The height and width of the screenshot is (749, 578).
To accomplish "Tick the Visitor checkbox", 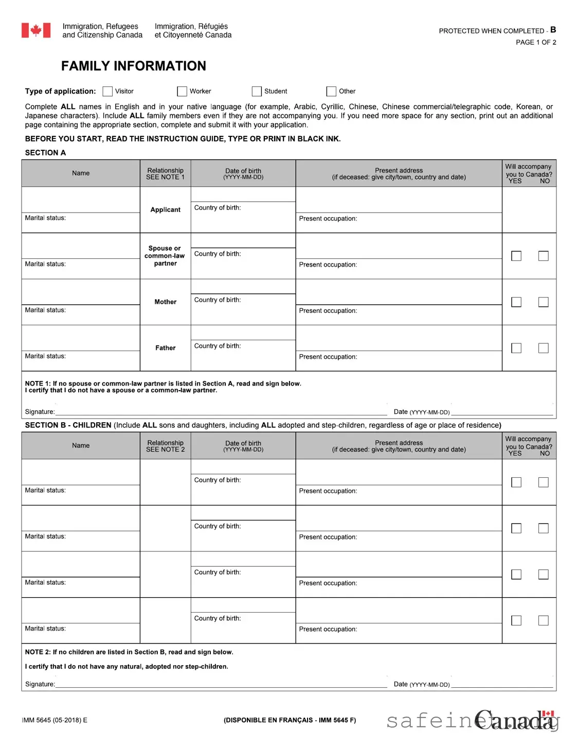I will point(107,91).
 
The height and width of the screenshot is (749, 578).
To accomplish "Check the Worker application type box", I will point(182,91).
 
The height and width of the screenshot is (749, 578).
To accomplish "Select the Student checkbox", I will point(257,91).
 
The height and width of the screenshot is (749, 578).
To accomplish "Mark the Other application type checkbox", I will point(331,91).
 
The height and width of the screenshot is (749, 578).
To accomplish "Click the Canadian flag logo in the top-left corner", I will point(36,30).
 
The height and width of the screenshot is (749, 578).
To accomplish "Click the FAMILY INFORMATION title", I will point(133,66).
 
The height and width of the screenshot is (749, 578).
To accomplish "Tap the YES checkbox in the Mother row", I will point(516,302).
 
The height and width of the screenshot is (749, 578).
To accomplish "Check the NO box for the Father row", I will point(543,348).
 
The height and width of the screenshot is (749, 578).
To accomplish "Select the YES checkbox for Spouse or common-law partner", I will point(516,256).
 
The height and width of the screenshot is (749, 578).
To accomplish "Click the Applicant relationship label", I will point(165,210).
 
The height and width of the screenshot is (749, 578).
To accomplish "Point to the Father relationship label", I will point(165,348).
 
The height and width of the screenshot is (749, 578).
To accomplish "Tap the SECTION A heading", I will point(45,153).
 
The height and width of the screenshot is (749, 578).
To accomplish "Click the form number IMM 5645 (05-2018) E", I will point(55,720).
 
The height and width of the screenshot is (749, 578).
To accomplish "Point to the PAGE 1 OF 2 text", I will point(536,42).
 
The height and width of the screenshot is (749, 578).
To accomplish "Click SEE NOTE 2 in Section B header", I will point(165,449).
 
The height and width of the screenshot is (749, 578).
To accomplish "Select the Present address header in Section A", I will point(399,170).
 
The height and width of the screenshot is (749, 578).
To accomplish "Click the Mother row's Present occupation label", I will point(328,311).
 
